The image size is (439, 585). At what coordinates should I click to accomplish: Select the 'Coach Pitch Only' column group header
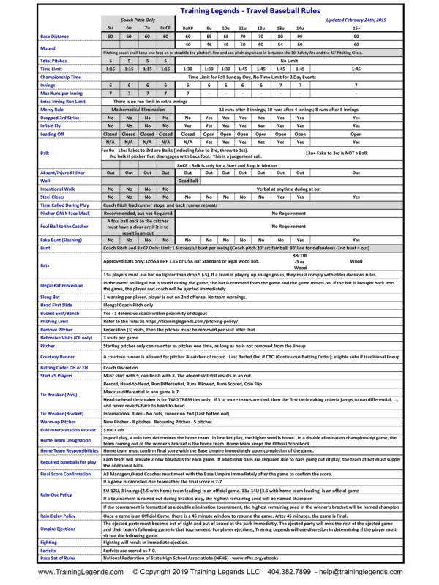pyautogui.click(x=137, y=20)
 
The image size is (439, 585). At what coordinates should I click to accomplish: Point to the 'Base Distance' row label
pyautogui.click(x=56, y=35)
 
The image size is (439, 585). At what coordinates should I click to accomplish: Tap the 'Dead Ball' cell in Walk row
pyautogui.click(x=188, y=180)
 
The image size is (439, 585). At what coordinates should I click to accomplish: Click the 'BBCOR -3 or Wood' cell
pyautogui.click(x=299, y=261)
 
